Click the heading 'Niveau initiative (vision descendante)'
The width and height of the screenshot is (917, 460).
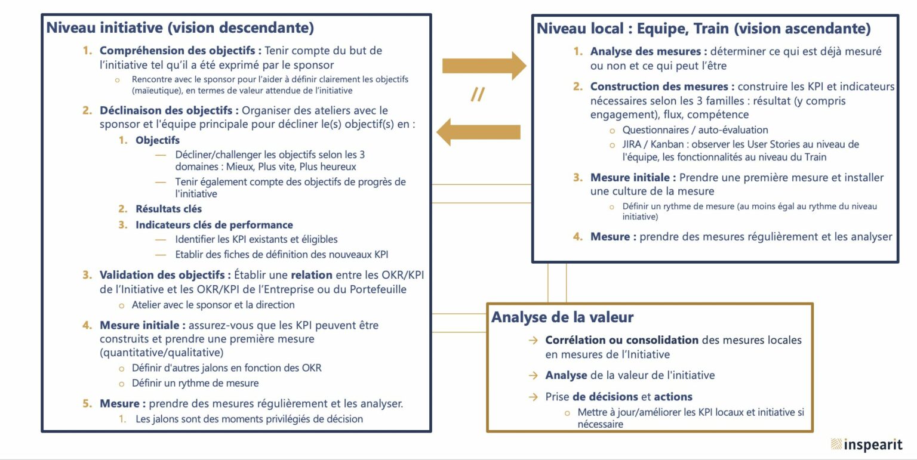180,28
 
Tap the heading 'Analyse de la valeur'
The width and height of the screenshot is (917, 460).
562,317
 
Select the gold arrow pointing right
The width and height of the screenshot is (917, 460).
484,66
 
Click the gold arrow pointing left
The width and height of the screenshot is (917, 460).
478,132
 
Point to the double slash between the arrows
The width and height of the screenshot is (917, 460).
478,94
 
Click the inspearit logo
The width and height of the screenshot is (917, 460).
867,444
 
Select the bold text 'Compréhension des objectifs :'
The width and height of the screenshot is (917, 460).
180,51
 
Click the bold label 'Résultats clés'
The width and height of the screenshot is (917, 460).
169,209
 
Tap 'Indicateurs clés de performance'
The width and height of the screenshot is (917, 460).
214,225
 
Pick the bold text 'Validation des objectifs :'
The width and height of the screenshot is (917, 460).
165,275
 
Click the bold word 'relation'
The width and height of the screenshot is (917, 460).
312,275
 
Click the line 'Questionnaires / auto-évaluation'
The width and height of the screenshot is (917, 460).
695,130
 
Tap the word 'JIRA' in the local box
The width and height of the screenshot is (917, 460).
632,144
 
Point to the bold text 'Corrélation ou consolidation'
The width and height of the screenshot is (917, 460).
622,340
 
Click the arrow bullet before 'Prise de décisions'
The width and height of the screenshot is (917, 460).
533,397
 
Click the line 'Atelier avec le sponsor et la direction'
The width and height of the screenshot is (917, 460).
213,305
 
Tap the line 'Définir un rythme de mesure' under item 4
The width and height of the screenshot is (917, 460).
195,383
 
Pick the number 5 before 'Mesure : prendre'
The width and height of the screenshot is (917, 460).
87,403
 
